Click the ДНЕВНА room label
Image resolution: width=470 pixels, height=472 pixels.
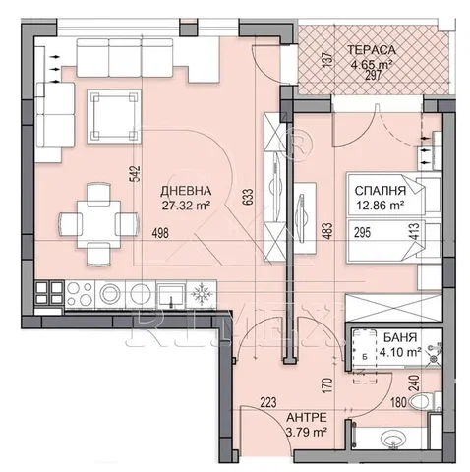[x=186, y=191]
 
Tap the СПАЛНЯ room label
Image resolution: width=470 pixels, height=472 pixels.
[x=381, y=191]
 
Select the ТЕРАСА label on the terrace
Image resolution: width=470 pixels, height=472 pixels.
[x=372, y=50]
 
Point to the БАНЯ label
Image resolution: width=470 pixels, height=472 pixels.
[x=400, y=337]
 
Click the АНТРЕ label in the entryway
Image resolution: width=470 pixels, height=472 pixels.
[x=307, y=417]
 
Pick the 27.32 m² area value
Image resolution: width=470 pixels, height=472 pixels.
[x=186, y=206]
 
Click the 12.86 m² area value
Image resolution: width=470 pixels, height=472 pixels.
[x=380, y=206]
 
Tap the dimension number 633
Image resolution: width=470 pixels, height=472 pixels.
[x=248, y=197]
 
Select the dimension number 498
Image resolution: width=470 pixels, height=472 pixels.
[x=160, y=233]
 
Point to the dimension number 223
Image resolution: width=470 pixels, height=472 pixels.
[x=268, y=402]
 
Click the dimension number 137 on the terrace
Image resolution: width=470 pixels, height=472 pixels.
[x=327, y=61]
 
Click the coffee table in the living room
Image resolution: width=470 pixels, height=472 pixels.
[x=114, y=116]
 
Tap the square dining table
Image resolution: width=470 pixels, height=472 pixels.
[x=98, y=224]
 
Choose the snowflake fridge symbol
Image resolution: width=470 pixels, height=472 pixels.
[x=201, y=294]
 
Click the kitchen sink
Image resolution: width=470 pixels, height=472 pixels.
[x=171, y=295]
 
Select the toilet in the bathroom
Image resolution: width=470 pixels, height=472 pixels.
[x=425, y=401]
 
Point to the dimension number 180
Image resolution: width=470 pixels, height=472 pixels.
[x=398, y=402]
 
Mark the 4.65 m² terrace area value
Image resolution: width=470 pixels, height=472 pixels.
[x=372, y=65]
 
